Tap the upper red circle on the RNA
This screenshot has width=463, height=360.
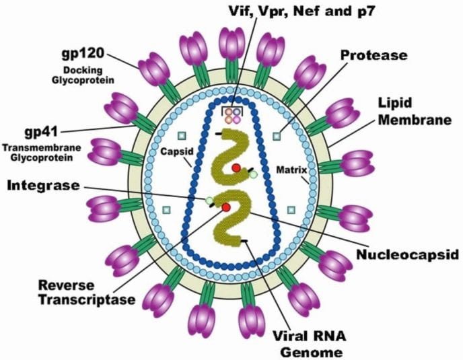[x=236, y=168]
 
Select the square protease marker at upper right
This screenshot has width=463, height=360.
[x=276, y=136]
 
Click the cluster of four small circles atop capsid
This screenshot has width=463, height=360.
[x=233, y=115]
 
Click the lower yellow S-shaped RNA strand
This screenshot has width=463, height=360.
[x=233, y=222]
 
